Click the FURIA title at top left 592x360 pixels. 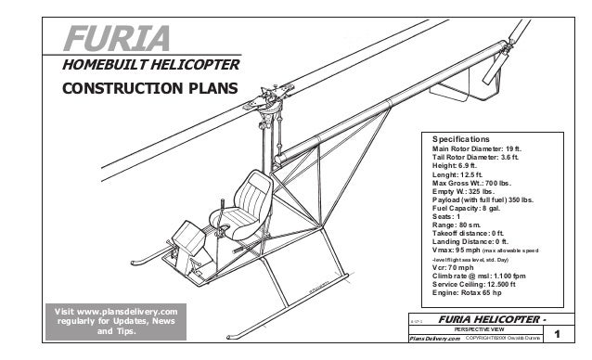[117, 38]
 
